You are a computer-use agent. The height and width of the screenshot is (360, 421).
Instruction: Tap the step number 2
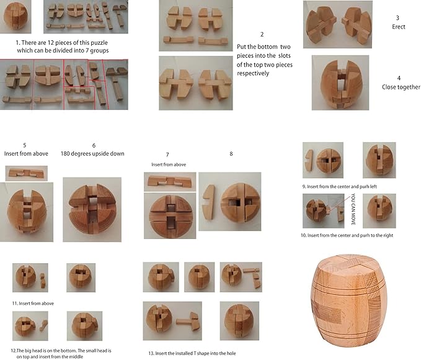click(x=262, y=34)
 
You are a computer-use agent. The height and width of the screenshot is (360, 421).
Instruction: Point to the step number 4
click(x=398, y=78)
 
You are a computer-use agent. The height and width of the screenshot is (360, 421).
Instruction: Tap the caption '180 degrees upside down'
click(x=91, y=153)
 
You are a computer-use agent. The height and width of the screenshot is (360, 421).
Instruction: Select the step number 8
click(x=231, y=153)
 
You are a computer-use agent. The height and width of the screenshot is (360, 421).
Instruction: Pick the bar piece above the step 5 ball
click(x=25, y=173)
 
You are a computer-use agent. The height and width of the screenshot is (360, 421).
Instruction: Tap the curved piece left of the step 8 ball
click(x=209, y=202)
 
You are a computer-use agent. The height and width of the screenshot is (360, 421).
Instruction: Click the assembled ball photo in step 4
click(x=340, y=83)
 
